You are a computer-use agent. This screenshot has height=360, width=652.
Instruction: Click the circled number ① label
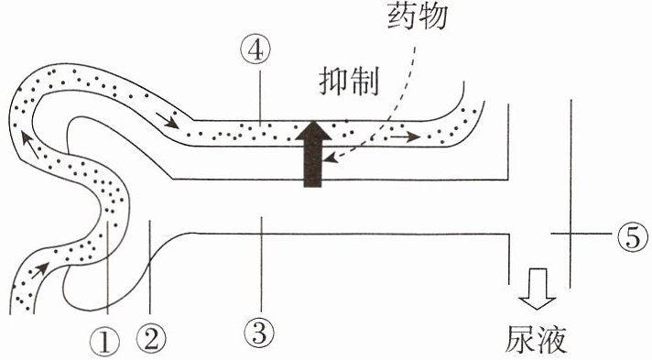point(104,342)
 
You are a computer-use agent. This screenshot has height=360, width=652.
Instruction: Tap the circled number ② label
point(151,338)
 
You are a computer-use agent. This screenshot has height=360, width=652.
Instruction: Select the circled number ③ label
point(259,333)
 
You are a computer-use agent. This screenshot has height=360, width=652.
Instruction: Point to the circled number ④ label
point(255,50)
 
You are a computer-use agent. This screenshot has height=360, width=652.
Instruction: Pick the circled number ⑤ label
point(633,235)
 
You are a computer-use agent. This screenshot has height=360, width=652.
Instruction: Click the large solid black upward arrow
point(313,154)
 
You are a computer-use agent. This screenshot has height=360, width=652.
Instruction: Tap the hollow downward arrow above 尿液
point(537,289)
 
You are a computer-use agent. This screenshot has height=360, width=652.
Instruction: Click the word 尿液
point(536,339)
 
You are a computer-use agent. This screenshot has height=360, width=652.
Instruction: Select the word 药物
point(417,16)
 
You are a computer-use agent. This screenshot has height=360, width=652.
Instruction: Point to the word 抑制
point(349,82)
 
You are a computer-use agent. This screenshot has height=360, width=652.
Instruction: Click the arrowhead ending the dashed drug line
point(331,158)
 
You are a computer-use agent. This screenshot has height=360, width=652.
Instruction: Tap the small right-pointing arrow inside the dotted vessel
point(405,136)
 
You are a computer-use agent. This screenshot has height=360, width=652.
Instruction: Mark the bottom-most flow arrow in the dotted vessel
point(40,269)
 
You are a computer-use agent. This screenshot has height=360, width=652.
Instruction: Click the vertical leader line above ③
point(261,264)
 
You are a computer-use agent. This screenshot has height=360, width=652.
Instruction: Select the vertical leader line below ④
point(260,97)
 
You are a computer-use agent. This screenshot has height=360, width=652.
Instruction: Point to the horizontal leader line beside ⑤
point(581,234)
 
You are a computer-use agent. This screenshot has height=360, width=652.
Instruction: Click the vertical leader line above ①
point(108,267)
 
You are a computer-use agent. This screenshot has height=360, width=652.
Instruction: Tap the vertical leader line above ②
point(149,267)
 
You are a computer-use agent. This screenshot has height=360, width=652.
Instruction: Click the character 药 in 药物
point(402,16)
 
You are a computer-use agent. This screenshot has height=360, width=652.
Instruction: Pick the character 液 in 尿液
point(552,339)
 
